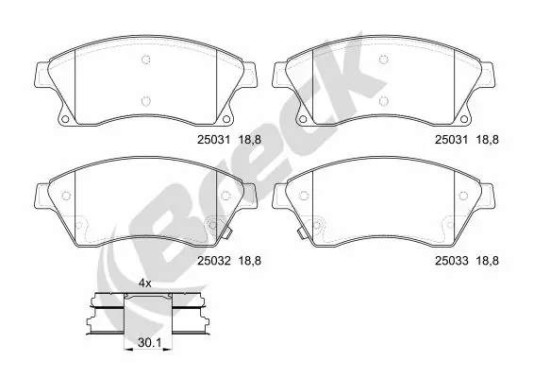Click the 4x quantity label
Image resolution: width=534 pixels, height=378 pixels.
point(145,283)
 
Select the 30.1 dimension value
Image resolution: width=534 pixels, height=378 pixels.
point(145,346)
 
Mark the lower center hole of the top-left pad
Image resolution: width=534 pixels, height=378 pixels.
point(145,100)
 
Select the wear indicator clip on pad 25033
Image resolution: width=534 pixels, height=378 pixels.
point(296,232)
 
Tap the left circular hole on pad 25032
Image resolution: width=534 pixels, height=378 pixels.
point(65,197)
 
